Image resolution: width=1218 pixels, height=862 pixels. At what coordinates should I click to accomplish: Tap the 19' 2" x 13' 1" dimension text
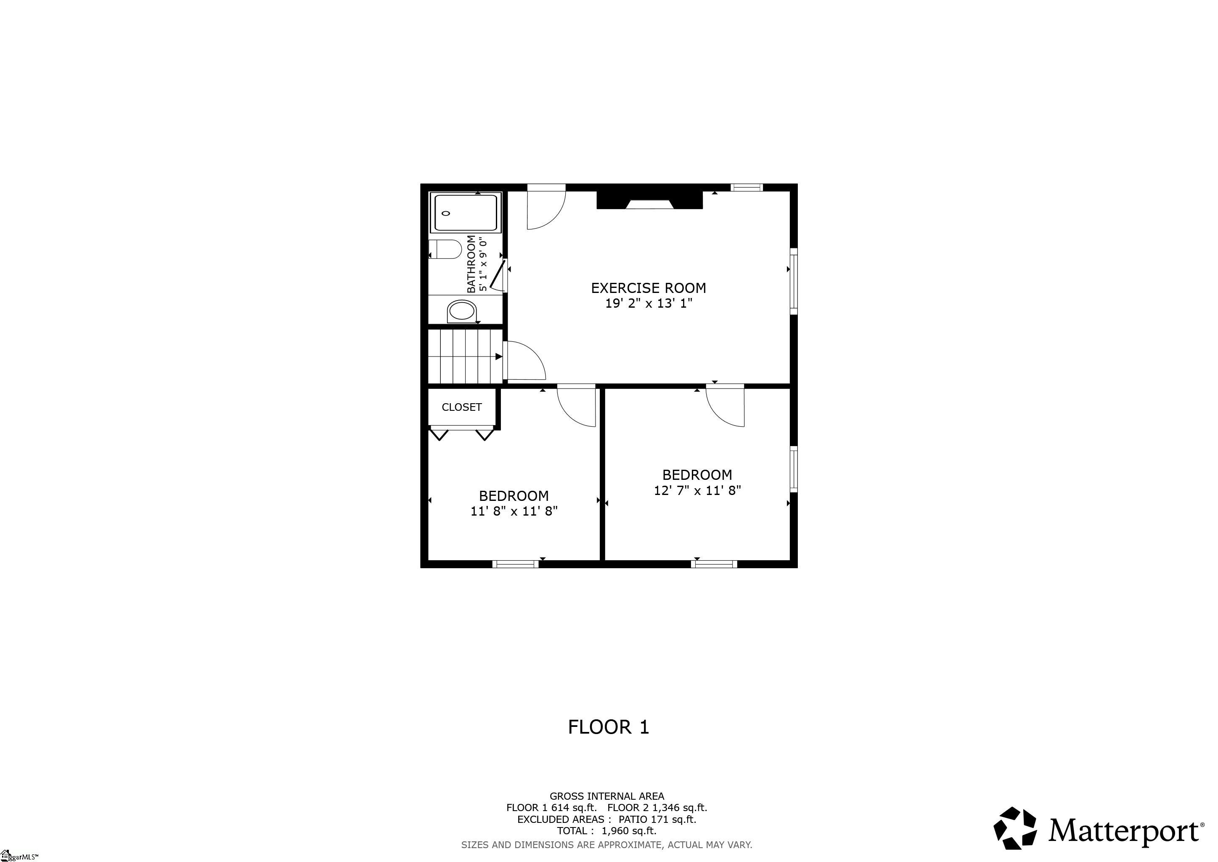tap(649, 303)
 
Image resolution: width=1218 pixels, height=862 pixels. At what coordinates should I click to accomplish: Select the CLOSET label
tap(461, 407)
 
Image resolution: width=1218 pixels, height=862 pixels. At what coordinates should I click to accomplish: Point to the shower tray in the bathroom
tap(466, 213)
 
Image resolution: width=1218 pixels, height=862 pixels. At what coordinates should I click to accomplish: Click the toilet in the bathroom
tap(445, 249)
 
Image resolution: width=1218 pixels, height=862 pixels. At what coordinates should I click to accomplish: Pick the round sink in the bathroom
tap(461, 311)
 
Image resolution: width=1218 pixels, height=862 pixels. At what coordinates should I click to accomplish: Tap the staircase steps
tap(465, 356)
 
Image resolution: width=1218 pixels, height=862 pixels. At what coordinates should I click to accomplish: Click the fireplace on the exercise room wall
tap(650, 200)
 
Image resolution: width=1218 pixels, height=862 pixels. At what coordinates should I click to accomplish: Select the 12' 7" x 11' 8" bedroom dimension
tap(697, 490)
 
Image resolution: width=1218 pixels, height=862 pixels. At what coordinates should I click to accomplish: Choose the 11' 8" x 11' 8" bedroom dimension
tap(514, 511)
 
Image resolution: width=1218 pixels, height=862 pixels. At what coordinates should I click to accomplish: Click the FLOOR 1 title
tap(609, 727)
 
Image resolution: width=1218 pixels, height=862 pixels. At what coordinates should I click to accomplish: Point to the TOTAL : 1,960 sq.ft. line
tap(606, 831)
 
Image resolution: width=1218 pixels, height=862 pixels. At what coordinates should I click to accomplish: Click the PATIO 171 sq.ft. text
tap(657, 819)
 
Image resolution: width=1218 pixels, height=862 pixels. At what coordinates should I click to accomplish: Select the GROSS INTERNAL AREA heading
tap(606, 796)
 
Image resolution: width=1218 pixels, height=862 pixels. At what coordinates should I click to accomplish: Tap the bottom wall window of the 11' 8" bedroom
tap(515, 564)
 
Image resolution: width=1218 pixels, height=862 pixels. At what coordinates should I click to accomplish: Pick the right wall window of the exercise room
tap(794, 281)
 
